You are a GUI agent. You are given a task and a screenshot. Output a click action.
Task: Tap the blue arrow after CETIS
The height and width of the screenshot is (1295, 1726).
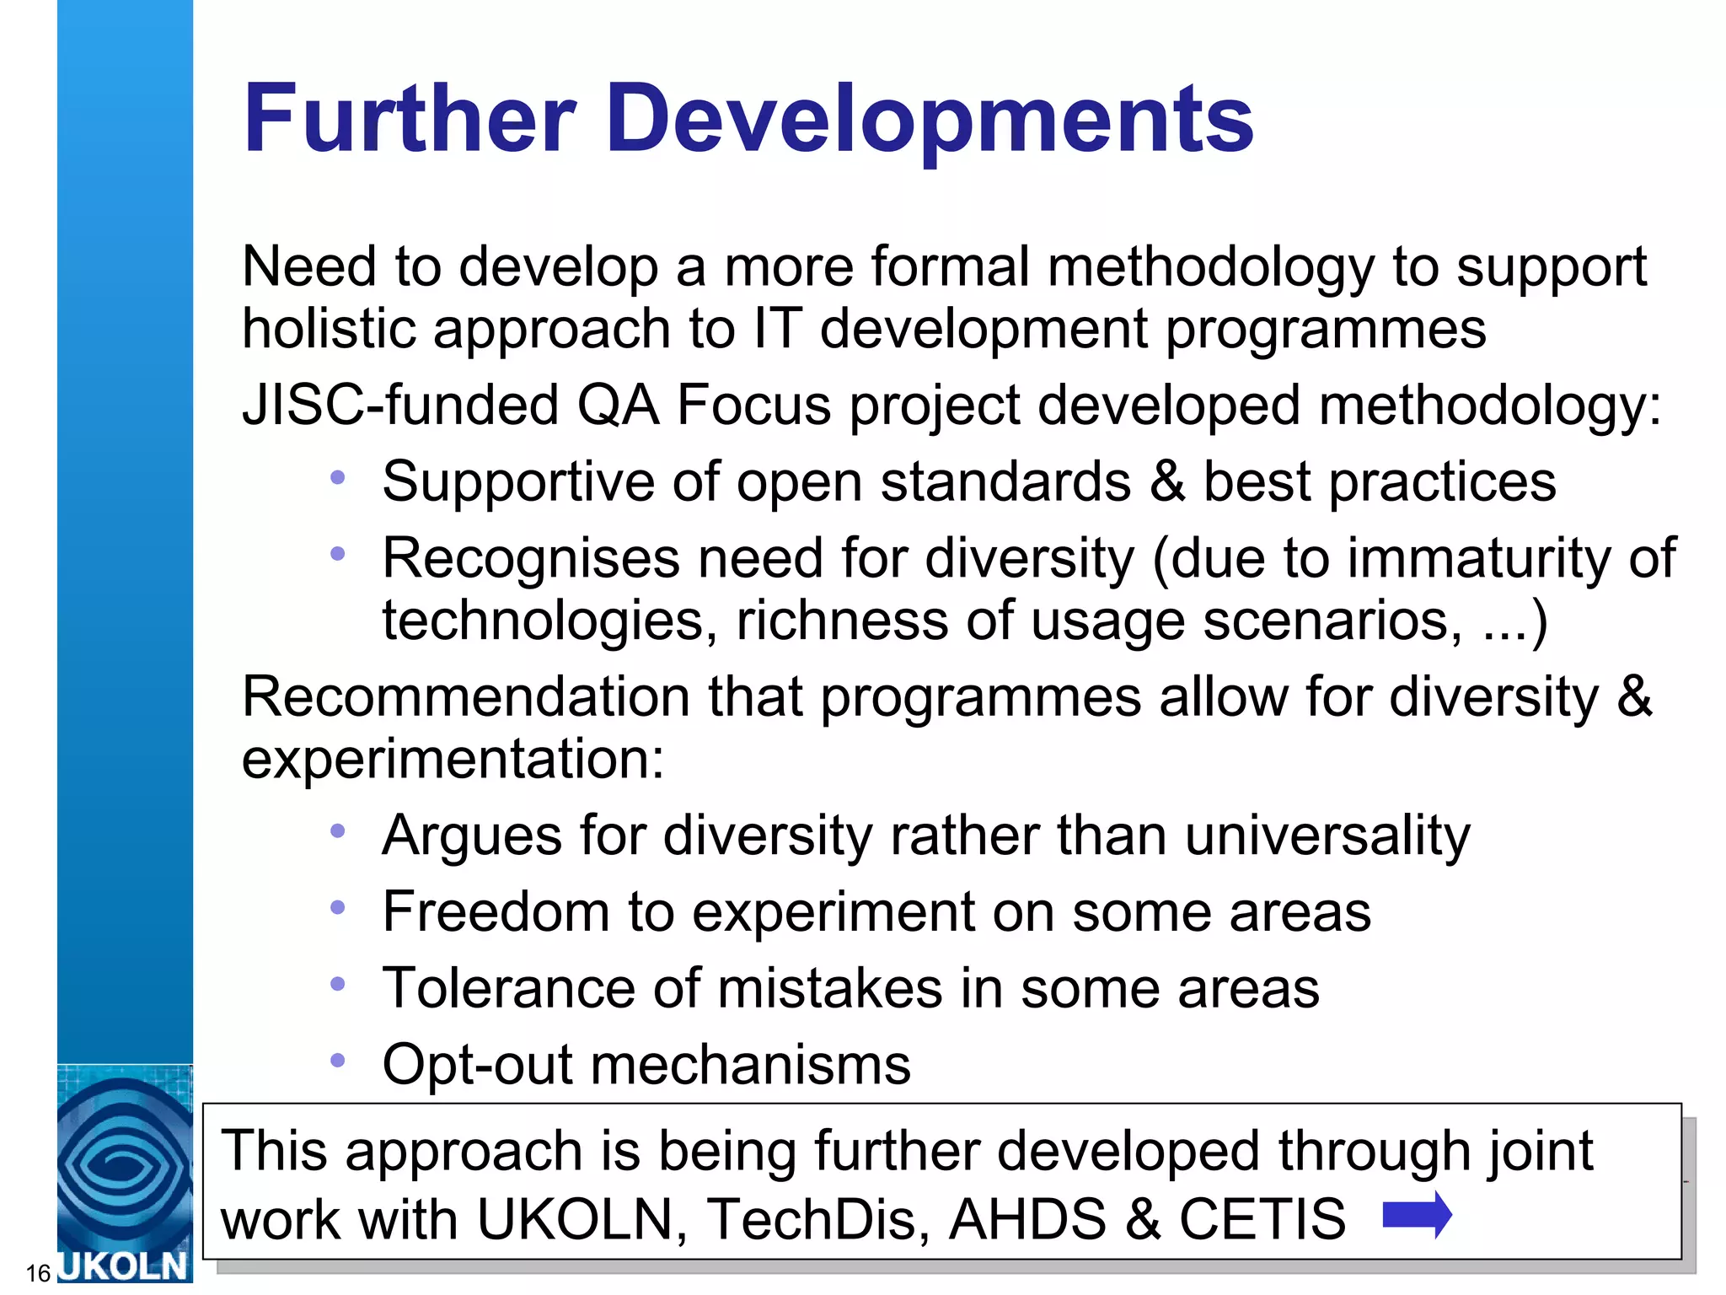pos(1418,1215)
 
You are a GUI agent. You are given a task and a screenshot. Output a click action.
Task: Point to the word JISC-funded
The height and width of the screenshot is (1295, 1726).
pos(400,405)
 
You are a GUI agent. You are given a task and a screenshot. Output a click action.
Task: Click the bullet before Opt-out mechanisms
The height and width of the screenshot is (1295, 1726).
pos(338,1060)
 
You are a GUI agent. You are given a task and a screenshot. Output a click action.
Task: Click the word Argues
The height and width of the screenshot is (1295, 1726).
pos(471,836)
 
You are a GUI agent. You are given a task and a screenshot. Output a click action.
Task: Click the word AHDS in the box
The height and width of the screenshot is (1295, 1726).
pos(1026,1219)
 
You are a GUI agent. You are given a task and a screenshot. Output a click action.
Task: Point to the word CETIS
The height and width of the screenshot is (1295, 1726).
pos(1262,1219)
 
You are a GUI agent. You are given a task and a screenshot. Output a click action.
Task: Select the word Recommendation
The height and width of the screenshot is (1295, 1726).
pos(465,697)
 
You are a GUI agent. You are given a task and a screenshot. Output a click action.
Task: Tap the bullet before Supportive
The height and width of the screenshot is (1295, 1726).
pos(338,478)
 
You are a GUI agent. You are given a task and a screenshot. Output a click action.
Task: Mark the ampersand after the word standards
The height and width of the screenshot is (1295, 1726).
pos(1167,481)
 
